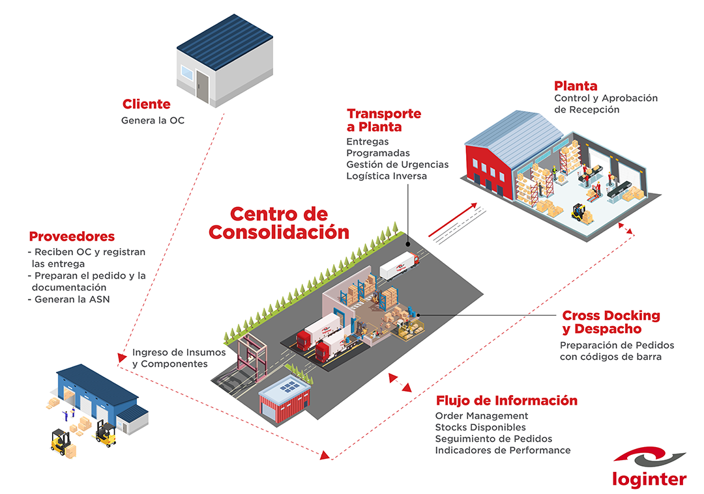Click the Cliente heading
(x=147, y=104)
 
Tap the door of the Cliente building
(x=202, y=85)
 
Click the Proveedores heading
(x=72, y=237)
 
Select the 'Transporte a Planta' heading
(x=383, y=120)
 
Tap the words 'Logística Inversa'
(x=387, y=176)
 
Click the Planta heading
(x=576, y=86)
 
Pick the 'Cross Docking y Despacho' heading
(x=611, y=322)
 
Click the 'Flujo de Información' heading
(x=506, y=400)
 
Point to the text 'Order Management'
(x=482, y=416)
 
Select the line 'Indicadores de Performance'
(x=503, y=450)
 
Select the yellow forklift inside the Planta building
(x=577, y=212)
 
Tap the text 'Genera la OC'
(x=153, y=120)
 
